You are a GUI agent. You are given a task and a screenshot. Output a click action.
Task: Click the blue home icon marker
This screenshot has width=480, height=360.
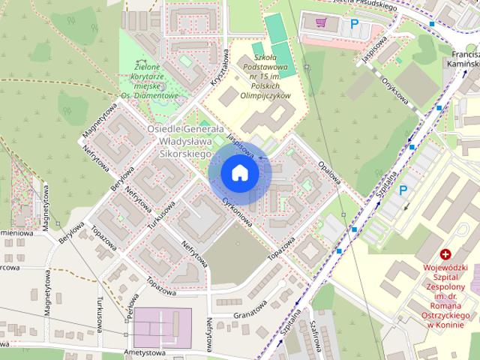[240, 173]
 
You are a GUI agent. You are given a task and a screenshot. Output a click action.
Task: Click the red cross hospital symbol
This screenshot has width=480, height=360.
[445, 256]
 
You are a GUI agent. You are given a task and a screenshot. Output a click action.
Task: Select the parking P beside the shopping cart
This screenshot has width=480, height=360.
[353, 25]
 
